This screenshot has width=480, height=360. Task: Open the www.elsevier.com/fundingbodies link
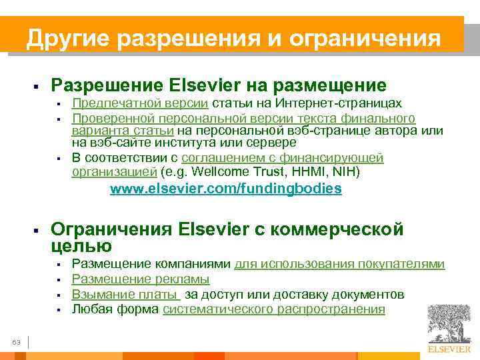pos(225,189)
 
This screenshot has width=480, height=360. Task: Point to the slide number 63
pos(17,342)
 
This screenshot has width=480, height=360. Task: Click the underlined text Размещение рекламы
pos(141,279)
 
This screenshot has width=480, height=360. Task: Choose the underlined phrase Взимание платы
pos(125,294)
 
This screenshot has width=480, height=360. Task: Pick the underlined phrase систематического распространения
pos(274,309)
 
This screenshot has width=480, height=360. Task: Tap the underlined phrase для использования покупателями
pos(339,263)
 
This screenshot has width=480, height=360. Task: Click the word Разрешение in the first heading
pos(107,85)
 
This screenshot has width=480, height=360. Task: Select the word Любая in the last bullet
pos(90,309)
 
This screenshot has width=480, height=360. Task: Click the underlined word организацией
pos(113,173)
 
